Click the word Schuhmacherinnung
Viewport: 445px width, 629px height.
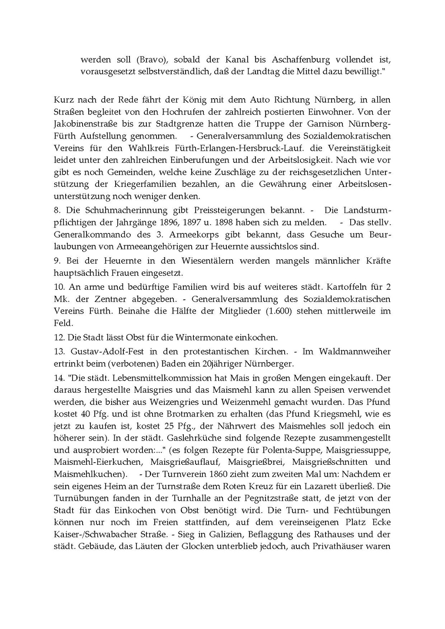116,210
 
